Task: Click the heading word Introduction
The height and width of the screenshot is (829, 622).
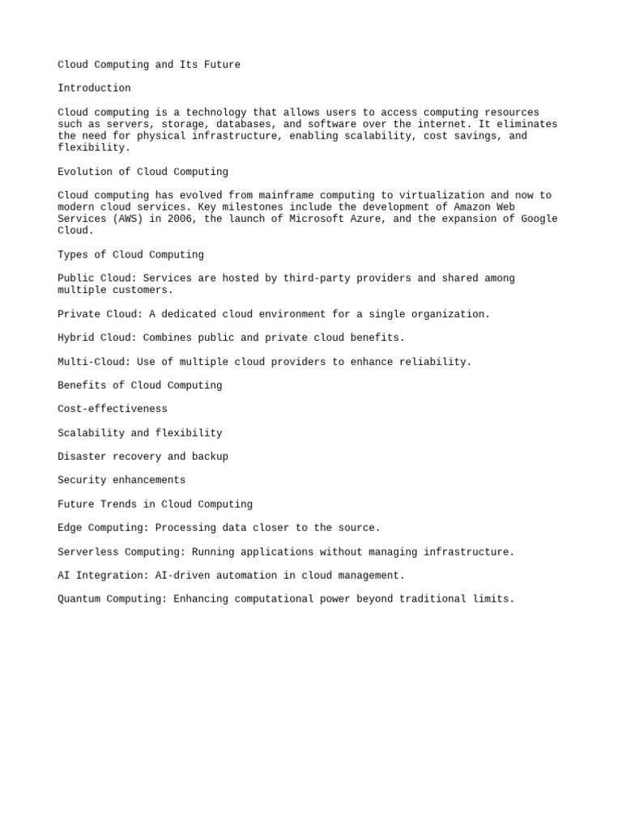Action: click(x=94, y=88)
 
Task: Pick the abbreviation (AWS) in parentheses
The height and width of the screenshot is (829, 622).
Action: click(x=125, y=219)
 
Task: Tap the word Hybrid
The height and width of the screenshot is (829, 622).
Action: click(x=76, y=338)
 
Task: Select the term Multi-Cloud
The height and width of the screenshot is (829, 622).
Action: click(x=94, y=362)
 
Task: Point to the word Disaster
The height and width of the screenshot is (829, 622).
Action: click(x=82, y=457)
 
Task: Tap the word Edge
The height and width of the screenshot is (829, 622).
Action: click(x=70, y=528)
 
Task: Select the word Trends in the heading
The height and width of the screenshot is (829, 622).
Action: click(x=118, y=504)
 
